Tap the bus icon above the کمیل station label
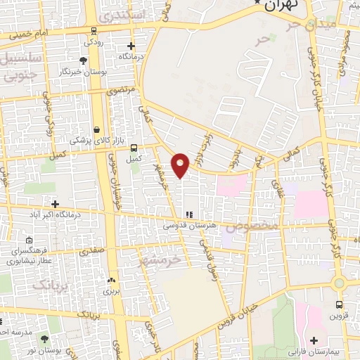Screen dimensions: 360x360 [x=134, y=148]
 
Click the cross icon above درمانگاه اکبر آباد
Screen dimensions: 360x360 [x=55, y=204]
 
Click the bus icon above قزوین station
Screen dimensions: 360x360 [x=340, y=305]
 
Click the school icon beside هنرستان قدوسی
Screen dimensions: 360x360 [x=188, y=214]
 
